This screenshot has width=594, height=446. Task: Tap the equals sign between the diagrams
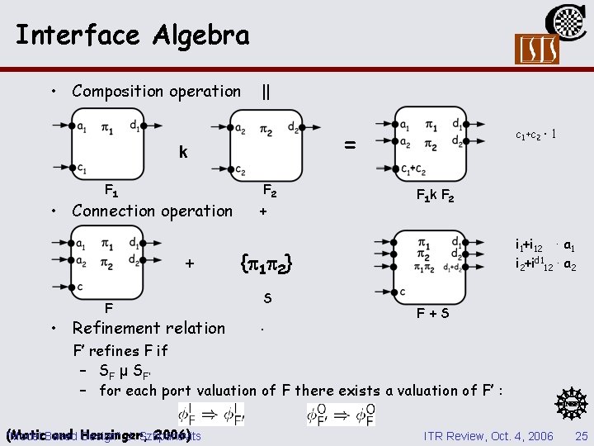click(350, 145)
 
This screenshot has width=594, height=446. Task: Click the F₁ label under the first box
click(111, 189)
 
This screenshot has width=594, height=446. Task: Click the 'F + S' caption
click(432, 314)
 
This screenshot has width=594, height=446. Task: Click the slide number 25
click(582, 435)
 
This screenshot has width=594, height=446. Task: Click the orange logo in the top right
click(536, 49)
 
